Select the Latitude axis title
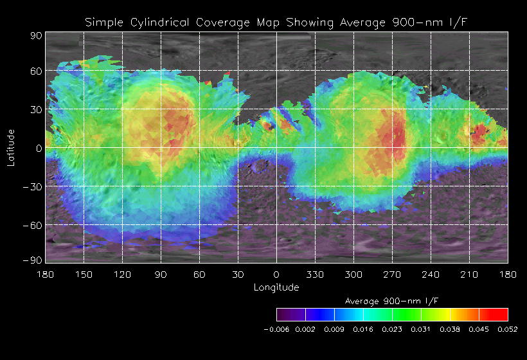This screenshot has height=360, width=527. (10, 147)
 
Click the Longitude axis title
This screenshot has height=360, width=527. (276, 287)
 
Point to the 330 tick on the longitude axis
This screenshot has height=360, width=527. (315, 274)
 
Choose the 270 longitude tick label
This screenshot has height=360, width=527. (392, 274)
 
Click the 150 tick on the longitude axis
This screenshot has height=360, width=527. (84, 274)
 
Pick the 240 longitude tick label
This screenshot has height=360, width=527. (431, 274)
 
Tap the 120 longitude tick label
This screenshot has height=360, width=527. (122, 274)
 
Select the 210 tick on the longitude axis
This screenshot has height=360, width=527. (469, 274)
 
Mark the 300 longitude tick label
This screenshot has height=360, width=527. (353, 274)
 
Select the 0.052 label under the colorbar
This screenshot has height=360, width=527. (508, 329)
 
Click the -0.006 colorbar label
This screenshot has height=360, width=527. (276, 329)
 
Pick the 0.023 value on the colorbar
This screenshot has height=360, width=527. (392, 329)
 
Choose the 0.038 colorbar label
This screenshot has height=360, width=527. (450, 329)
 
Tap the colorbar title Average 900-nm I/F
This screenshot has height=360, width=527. (392, 301)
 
